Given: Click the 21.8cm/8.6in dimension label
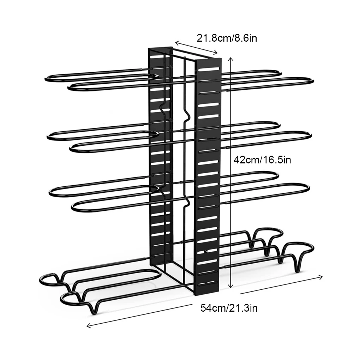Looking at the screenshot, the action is pyautogui.click(x=227, y=38).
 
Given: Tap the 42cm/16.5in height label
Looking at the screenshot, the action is pyautogui.click(x=262, y=160).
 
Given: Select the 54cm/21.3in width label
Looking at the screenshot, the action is pyautogui.click(x=229, y=308).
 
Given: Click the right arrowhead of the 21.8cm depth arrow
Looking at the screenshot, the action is pyautogui.click(x=216, y=53).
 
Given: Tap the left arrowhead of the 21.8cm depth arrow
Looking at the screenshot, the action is pyautogui.click(x=176, y=42).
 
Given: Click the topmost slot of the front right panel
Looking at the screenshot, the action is pyautogui.click(x=209, y=69).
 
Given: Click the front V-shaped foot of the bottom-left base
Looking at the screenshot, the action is pyautogui.click(x=94, y=309).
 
